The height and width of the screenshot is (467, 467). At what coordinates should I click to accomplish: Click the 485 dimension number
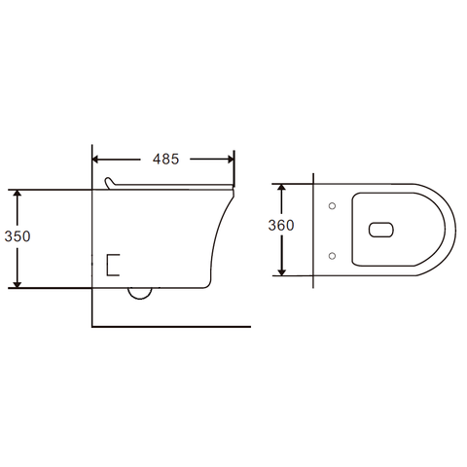point(165,159)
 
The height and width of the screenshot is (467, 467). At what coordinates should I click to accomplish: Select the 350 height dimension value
point(18,236)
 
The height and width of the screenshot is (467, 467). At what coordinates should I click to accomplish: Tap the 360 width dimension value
point(281,225)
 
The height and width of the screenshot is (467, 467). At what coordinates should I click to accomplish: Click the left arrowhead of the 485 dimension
point(95,160)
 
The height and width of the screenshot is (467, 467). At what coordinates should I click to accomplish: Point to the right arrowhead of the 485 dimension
point(231,160)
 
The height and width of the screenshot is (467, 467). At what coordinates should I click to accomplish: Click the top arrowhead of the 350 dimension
point(18,193)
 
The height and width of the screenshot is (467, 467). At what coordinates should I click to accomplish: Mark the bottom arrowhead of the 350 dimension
point(18,284)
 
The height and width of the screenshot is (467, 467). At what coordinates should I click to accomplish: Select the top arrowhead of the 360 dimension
point(282,187)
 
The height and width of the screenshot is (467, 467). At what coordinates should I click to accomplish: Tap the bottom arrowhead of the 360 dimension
point(282,272)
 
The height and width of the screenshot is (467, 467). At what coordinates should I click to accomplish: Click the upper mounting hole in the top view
point(332,205)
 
